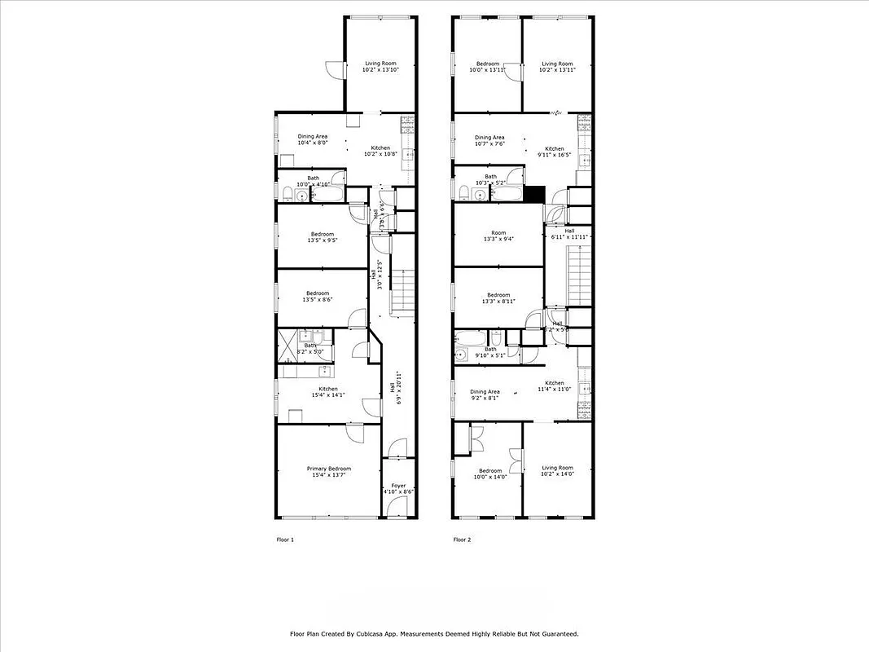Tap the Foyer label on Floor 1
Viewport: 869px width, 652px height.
tap(398, 489)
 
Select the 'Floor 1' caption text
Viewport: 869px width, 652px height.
tap(285, 540)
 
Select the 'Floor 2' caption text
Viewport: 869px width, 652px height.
tap(462, 540)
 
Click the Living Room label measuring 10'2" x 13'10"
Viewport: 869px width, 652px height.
tap(380, 67)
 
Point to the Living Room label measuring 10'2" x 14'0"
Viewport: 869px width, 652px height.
tap(558, 471)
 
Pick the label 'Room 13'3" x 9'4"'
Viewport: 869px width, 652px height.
tap(498, 236)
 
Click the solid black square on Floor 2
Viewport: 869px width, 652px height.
tap(534, 194)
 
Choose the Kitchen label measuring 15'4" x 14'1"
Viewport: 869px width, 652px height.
tap(328, 393)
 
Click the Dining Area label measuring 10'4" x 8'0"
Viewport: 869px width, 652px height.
tap(312, 140)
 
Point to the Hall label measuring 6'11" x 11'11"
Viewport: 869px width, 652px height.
tap(570, 233)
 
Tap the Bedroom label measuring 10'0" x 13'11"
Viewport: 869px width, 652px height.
tap(487, 67)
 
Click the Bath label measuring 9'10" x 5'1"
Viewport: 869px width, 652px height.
tap(490, 352)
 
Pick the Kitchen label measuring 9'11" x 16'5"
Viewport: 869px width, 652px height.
tap(555, 152)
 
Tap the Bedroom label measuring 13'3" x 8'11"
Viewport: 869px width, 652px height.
tap(498, 298)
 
